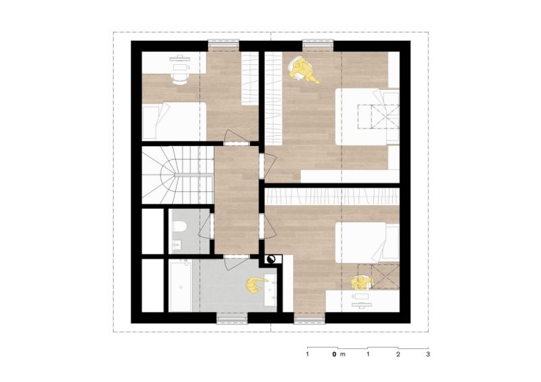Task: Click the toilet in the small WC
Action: click(x=179, y=226)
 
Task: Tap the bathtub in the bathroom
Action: click(x=180, y=285)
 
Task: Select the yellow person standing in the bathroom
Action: click(x=256, y=285)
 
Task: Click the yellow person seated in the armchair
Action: click(x=303, y=71)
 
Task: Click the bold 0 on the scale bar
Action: click(x=334, y=354)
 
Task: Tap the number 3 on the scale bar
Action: click(x=428, y=354)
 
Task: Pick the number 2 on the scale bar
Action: click(x=398, y=354)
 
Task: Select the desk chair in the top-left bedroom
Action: click(x=179, y=78)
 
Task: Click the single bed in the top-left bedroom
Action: click(x=174, y=121)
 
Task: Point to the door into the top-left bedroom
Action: click(x=236, y=137)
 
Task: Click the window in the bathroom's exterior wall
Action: click(x=232, y=318)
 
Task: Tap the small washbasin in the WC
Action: click(x=177, y=244)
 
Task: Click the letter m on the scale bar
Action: click(x=343, y=354)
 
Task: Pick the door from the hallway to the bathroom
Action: click(x=236, y=263)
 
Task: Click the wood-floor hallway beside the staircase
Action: click(x=236, y=200)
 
